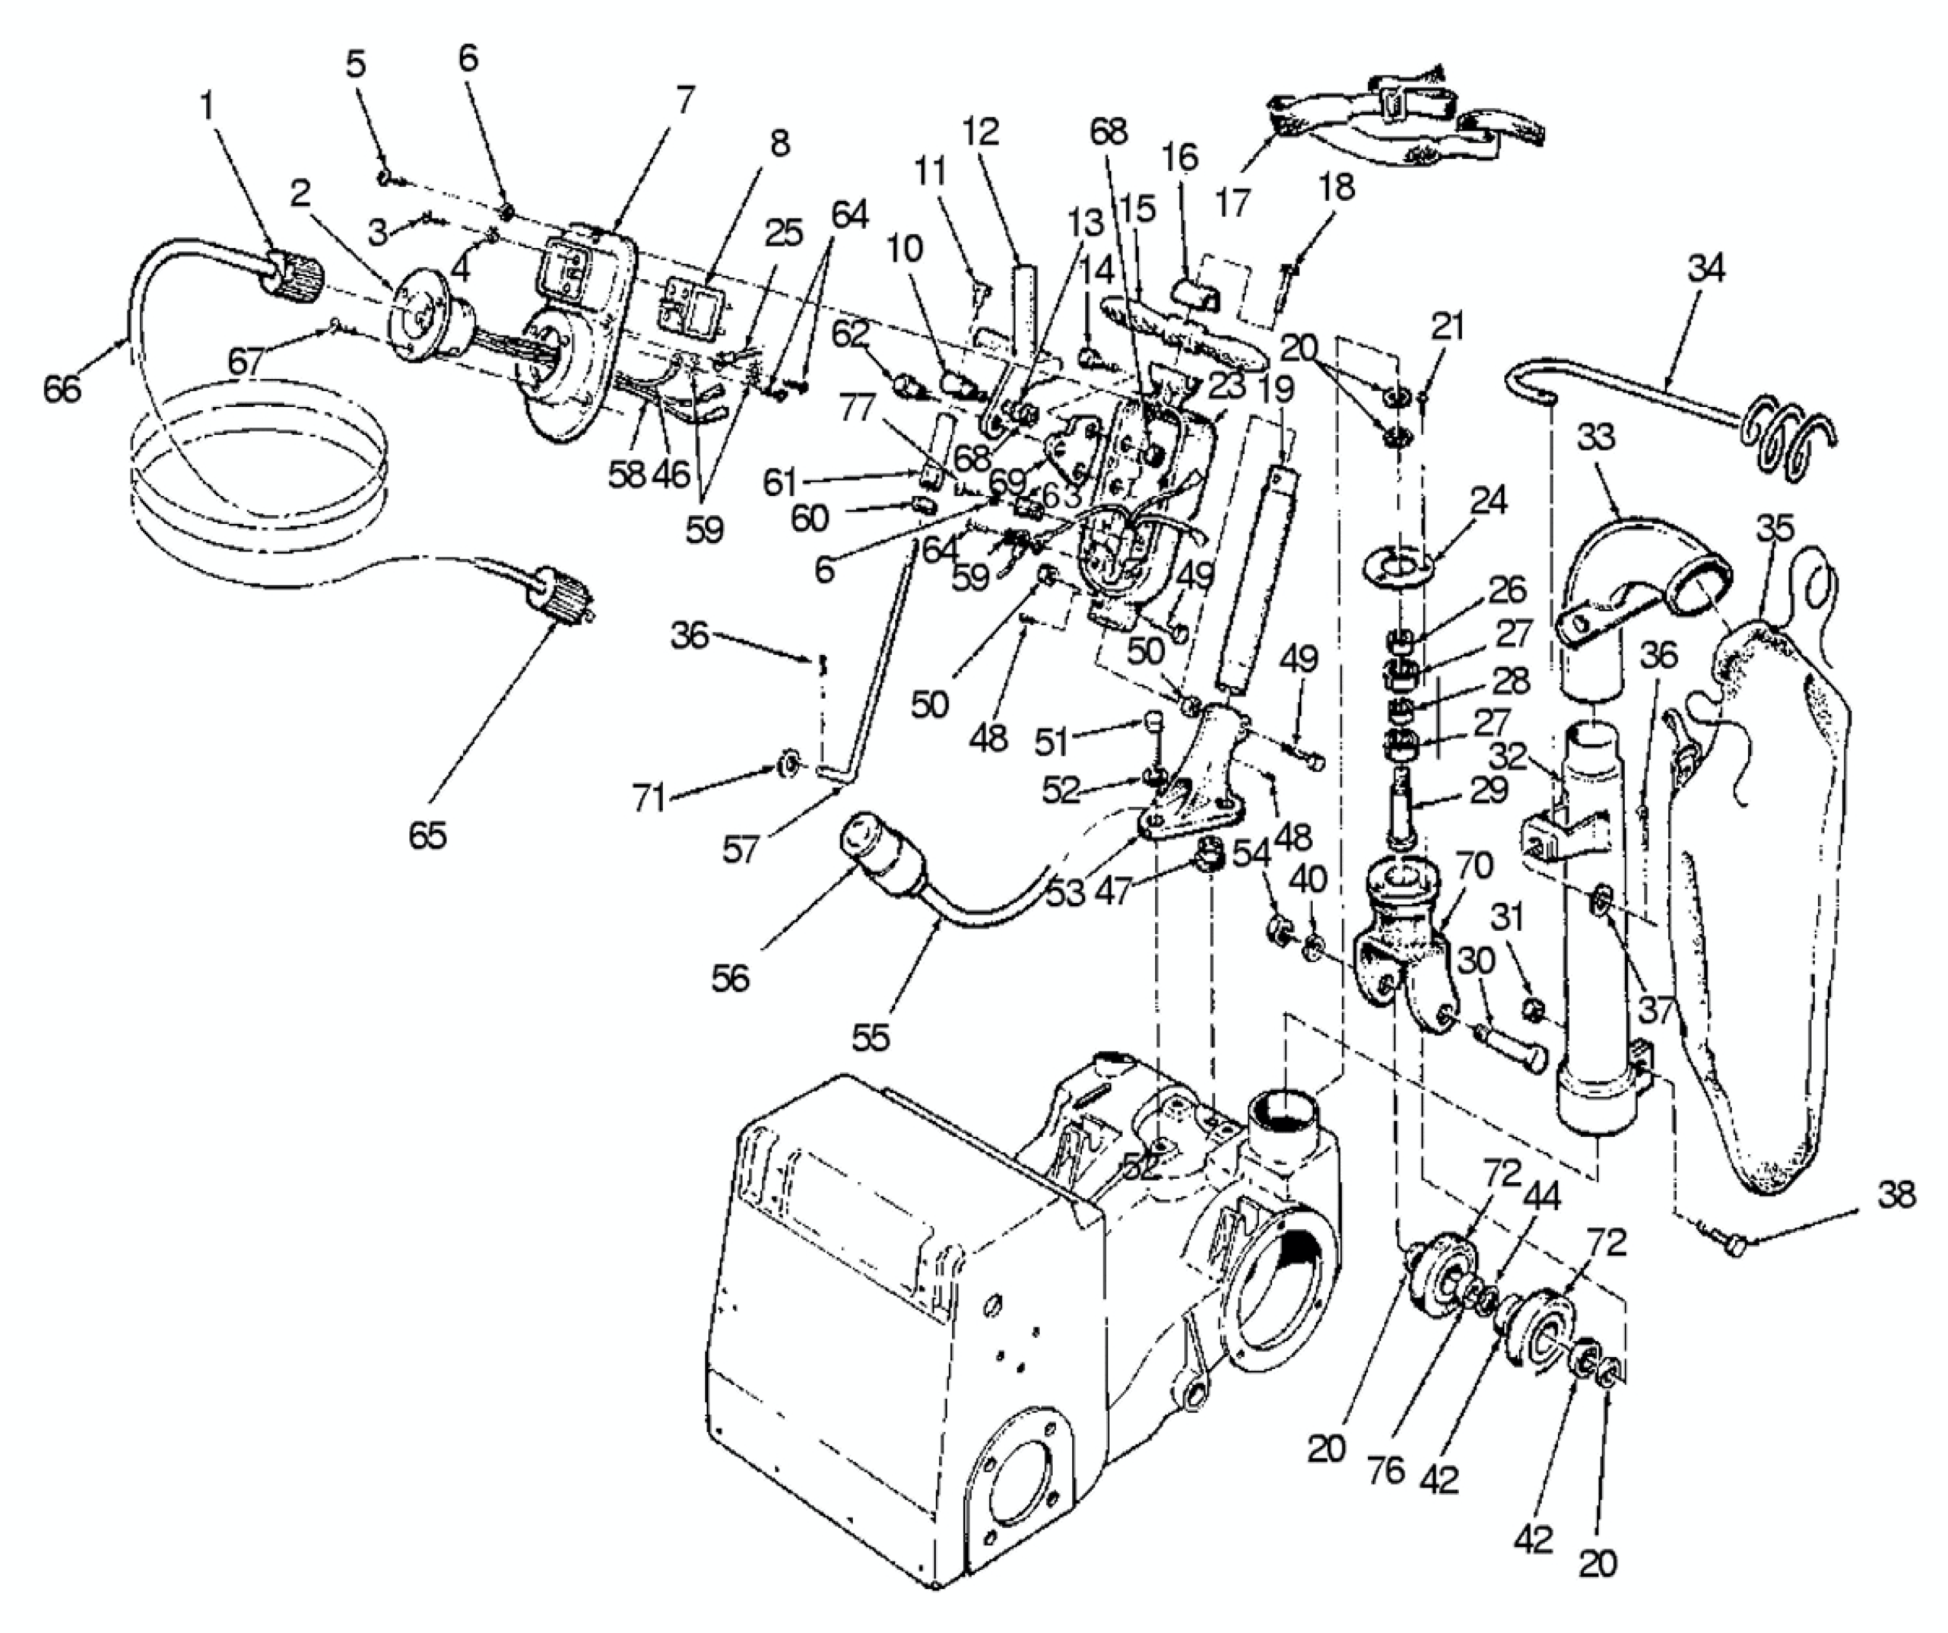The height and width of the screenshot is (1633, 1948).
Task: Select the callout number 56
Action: click(730, 977)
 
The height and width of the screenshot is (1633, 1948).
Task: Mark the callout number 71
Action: click(649, 797)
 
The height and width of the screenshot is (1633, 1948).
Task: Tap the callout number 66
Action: click(62, 389)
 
